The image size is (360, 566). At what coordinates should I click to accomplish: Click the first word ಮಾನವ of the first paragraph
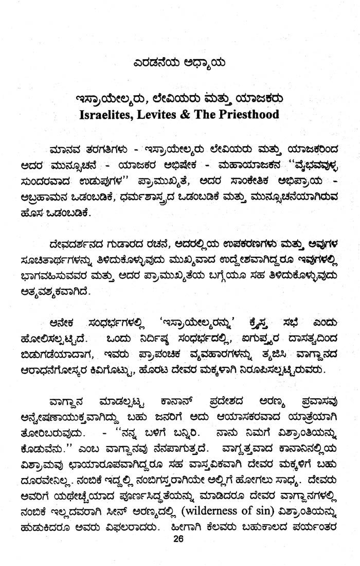[x=63, y=150]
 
